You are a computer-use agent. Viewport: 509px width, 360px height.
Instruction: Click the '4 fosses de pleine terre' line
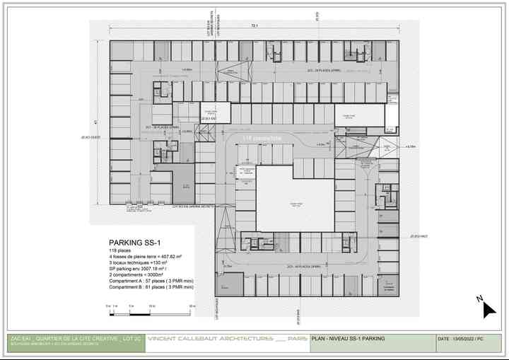pos(145,257)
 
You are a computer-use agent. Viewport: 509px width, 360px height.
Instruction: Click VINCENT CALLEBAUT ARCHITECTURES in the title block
pos(211,339)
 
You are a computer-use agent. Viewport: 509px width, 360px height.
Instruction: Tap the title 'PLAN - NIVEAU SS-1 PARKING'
pos(349,339)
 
